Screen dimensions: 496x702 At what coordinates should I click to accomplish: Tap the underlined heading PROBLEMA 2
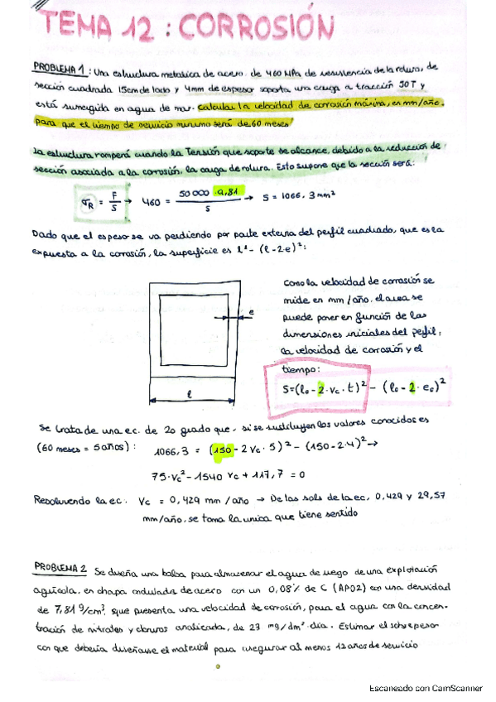point(60,569)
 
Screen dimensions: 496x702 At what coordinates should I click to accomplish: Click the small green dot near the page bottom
point(215,664)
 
